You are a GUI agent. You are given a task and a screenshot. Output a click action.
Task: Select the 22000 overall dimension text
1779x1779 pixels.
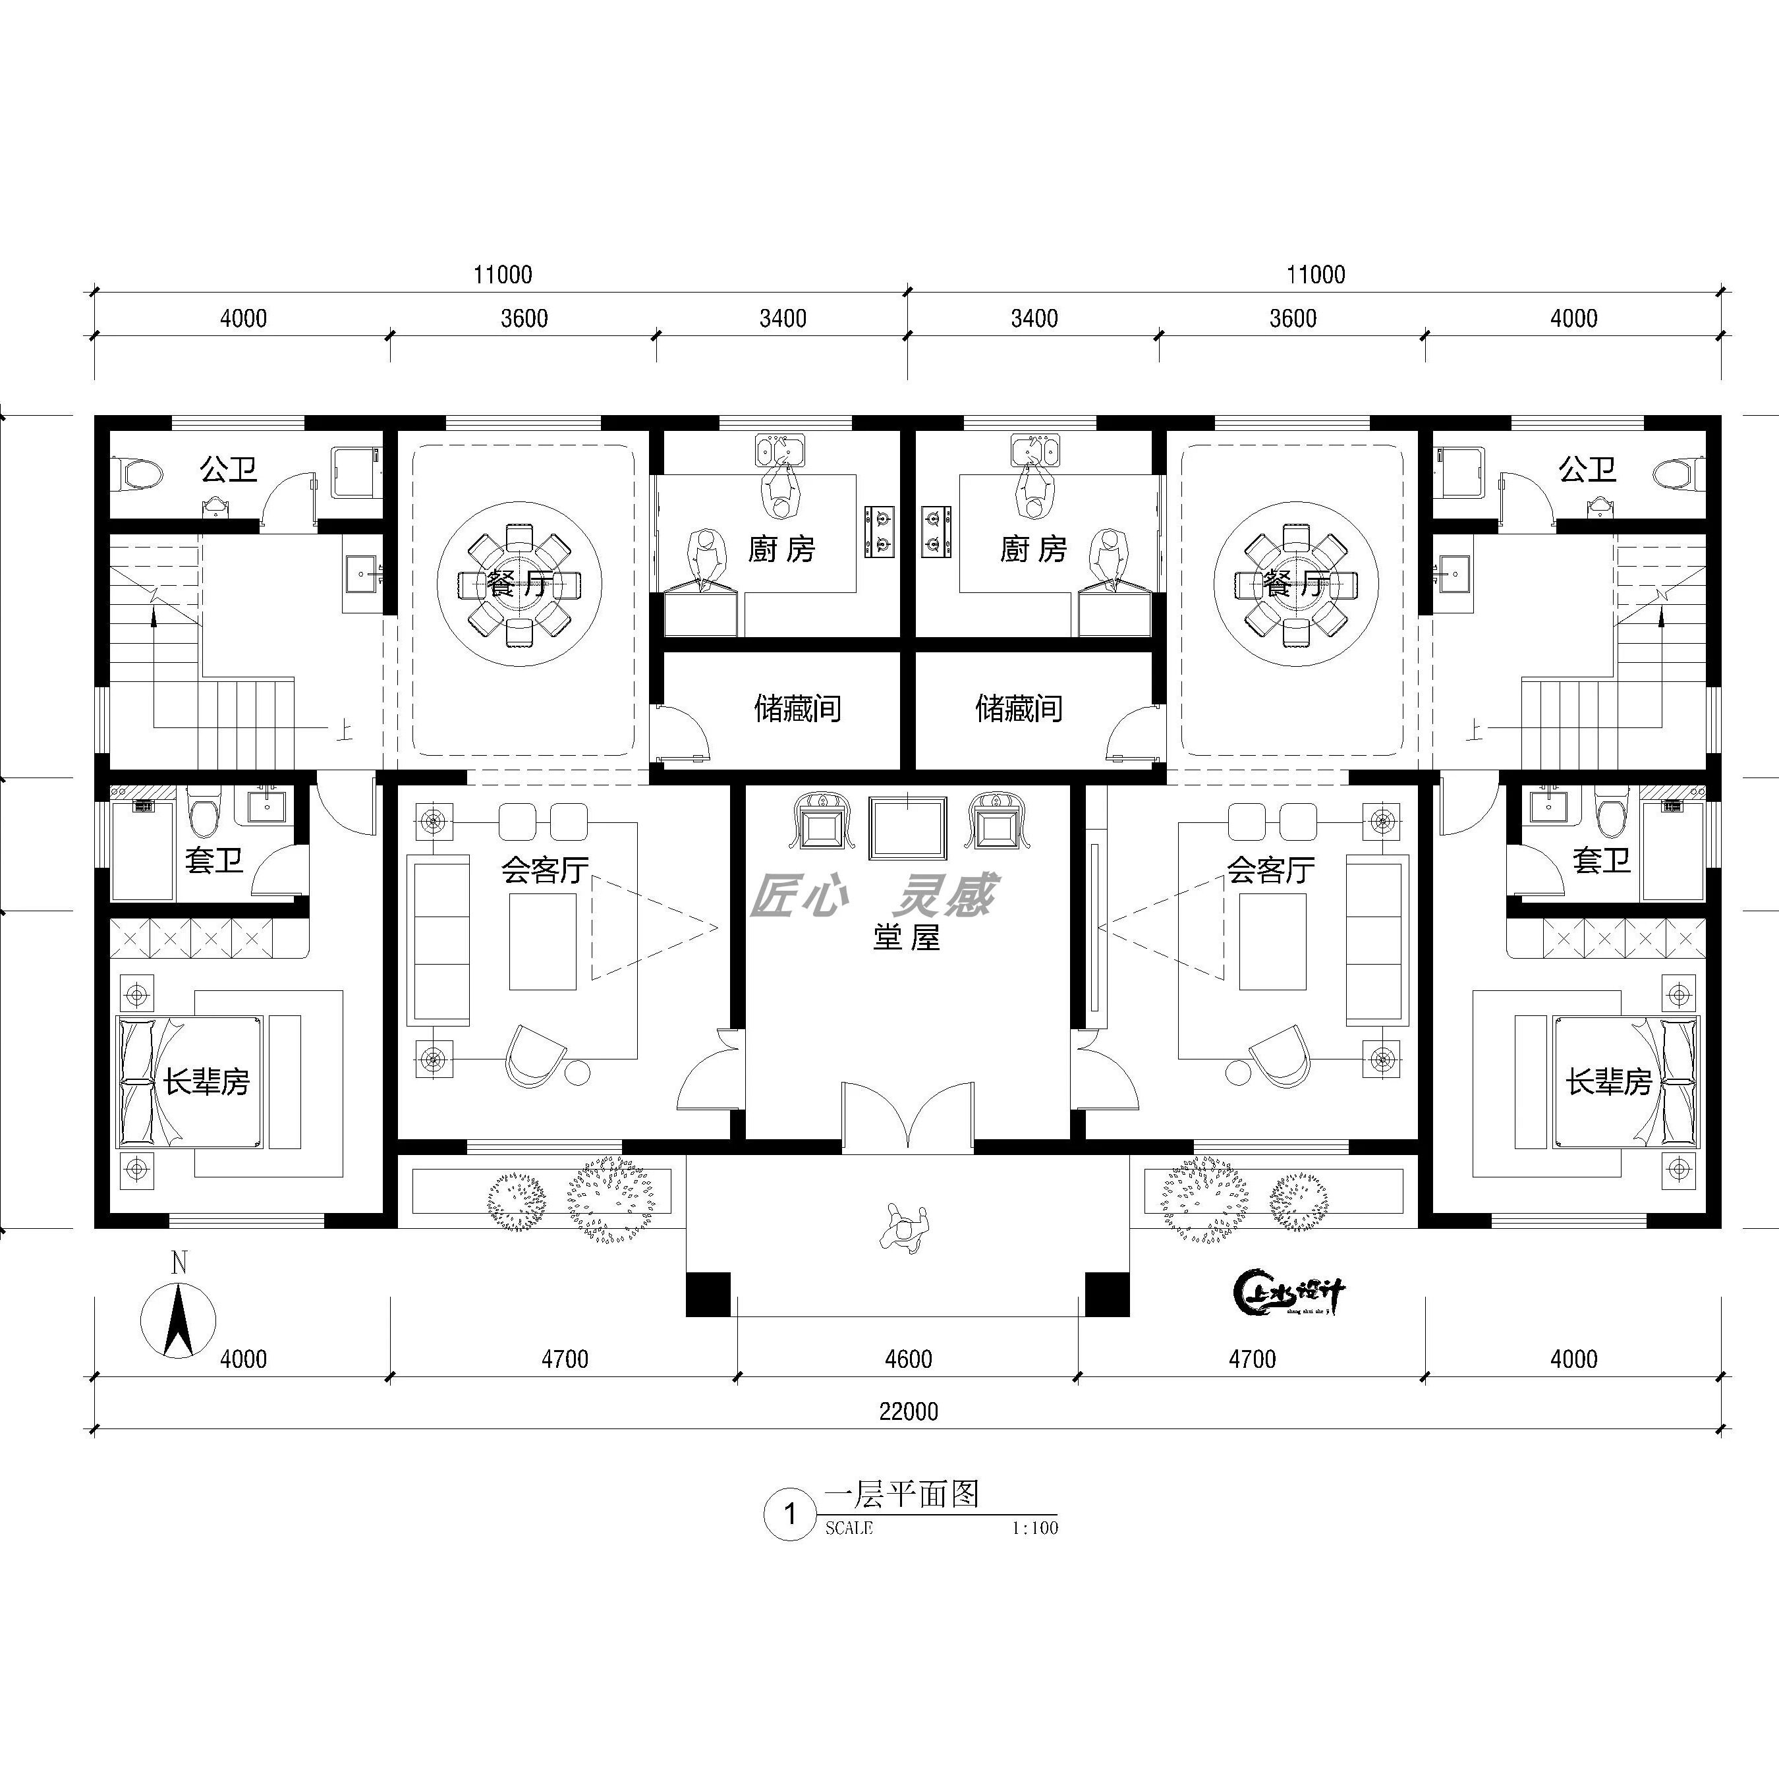tap(908, 1411)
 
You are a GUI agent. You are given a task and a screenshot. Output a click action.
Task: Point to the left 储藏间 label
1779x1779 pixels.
tap(797, 709)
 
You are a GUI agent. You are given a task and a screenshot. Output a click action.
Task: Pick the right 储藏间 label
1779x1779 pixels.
tap(1019, 709)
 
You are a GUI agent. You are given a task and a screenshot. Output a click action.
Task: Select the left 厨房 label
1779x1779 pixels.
tap(781, 550)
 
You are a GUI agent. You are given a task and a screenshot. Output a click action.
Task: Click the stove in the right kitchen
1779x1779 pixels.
tap(936, 532)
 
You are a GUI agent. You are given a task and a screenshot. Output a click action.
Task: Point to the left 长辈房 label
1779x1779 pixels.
tap(207, 1081)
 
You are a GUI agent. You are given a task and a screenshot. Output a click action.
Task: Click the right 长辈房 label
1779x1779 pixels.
tap(1610, 1081)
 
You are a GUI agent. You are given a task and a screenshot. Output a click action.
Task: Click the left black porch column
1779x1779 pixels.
tap(708, 1295)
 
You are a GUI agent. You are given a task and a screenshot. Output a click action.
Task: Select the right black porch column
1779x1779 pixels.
tap(1107, 1295)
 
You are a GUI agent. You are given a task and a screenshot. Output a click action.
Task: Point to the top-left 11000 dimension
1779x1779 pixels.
tap(503, 274)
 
